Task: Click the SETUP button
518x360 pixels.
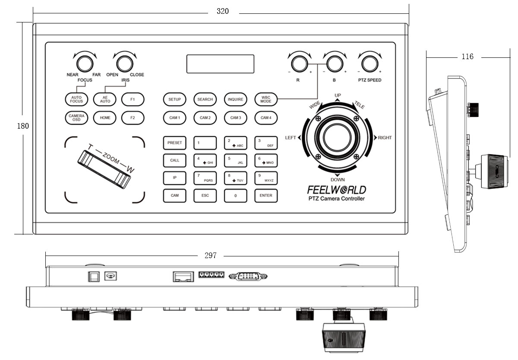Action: pos(174,99)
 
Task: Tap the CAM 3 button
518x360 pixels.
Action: pos(235,117)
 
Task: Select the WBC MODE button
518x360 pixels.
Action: pos(266,99)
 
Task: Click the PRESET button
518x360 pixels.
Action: pos(174,143)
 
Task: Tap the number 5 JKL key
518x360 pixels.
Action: pos(235,161)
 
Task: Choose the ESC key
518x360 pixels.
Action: pos(205,196)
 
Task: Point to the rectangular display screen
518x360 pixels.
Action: pos(220,64)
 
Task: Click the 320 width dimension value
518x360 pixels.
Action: pos(223,12)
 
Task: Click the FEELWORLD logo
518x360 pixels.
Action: pos(337,189)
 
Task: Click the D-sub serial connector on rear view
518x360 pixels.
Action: pos(248,276)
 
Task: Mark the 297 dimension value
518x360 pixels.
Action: pos(210,256)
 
